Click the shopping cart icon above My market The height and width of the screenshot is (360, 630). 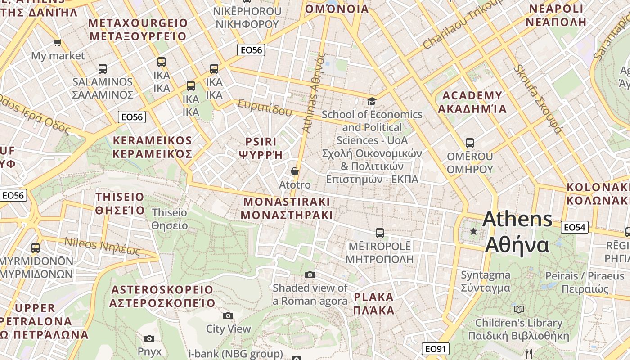tap(57, 43)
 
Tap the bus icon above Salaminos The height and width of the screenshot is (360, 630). tap(103, 69)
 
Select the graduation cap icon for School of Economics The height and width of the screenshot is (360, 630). tap(372, 101)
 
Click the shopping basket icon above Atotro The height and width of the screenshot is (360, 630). tap(295, 171)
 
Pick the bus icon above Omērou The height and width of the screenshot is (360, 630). tap(470, 143)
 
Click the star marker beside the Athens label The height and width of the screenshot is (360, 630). tap(473, 231)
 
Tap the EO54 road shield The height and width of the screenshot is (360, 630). tap(575, 227)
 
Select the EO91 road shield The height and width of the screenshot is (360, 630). tap(436, 349)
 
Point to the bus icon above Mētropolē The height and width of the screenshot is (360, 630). tap(380, 233)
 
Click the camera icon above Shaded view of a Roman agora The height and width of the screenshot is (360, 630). tap(310, 274)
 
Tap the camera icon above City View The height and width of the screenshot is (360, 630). tap(228, 315)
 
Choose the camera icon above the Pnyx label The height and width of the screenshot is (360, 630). tap(149, 338)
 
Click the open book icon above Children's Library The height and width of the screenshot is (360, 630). tap(519, 309)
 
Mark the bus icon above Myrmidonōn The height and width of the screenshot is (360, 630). tap(36, 247)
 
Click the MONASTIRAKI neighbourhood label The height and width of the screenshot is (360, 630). tap(286, 208)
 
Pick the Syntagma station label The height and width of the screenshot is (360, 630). tap(486, 281)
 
